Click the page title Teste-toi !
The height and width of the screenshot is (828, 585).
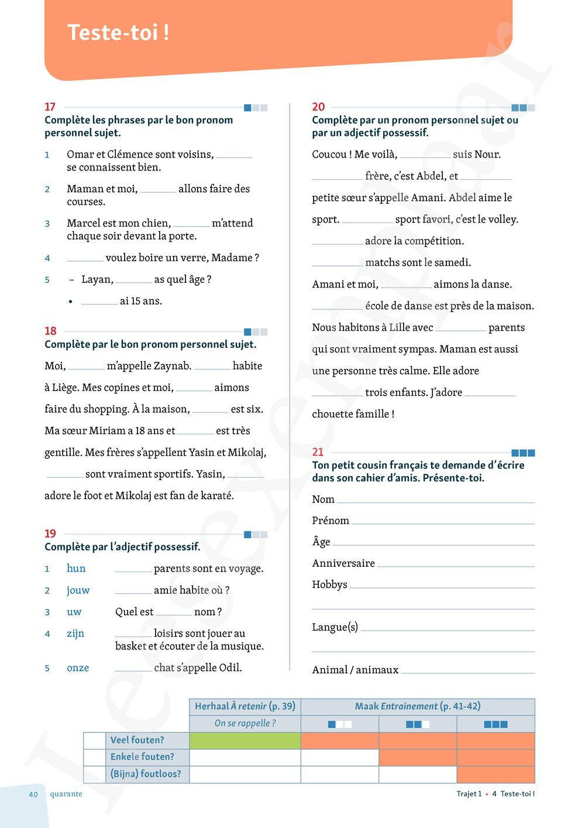(x=118, y=33)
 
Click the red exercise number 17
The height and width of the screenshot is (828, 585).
(x=50, y=107)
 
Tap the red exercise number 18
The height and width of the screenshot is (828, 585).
(x=50, y=331)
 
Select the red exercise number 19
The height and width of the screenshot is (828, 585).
(x=50, y=533)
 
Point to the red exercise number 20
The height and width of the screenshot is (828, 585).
(x=318, y=107)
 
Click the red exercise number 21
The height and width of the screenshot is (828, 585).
(x=318, y=451)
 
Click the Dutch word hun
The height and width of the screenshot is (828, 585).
(x=76, y=568)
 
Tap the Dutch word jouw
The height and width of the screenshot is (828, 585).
(x=78, y=590)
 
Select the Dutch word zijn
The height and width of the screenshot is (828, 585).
(x=75, y=633)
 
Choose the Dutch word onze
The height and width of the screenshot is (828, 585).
(x=78, y=668)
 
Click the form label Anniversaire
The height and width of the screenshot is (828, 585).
(x=343, y=563)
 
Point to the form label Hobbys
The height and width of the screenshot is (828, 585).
(x=329, y=584)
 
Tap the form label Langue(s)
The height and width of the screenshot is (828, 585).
(x=335, y=627)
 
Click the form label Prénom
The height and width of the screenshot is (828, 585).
(x=331, y=521)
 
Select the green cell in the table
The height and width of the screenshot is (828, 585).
(x=245, y=740)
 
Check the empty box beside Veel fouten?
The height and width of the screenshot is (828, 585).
(x=94, y=740)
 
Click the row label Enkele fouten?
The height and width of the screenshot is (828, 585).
(x=142, y=757)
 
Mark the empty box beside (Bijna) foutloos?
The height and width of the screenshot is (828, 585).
(x=94, y=774)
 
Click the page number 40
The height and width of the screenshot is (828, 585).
(x=33, y=795)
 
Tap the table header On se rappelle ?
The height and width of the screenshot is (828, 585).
(x=245, y=723)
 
